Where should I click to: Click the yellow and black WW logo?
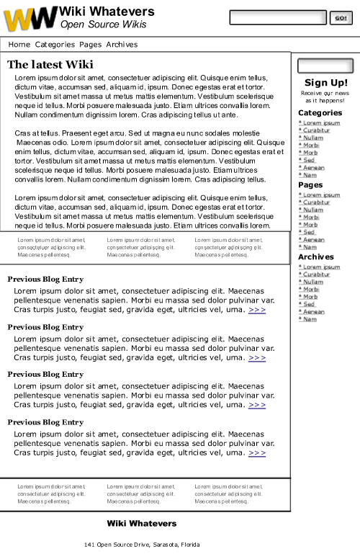click(x=30, y=18)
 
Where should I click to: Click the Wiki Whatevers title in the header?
click(x=107, y=12)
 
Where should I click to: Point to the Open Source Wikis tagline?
click(x=103, y=24)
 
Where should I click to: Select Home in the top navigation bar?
click(x=19, y=45)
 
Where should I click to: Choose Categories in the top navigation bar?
click(x=55, y=45)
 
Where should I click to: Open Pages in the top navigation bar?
click(x=90, y=45)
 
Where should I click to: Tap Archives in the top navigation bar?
click(x=122, y=45)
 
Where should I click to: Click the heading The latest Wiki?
click(x=50, y=65)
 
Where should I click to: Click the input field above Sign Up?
click(x=325, y=66)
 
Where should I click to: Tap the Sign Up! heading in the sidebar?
click(x=325, y=83)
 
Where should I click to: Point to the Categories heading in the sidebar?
click(x=320, y=113)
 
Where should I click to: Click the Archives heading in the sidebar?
click(x=315, y=257)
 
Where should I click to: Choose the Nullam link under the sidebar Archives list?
click(x=312, y=282)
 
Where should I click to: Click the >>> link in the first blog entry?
click(x=257, y=310)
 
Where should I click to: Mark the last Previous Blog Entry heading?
click(x=45, y=422)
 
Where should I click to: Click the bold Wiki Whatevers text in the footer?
click(x=141, y=523)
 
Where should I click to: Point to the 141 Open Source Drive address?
click(x=141, y=545)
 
